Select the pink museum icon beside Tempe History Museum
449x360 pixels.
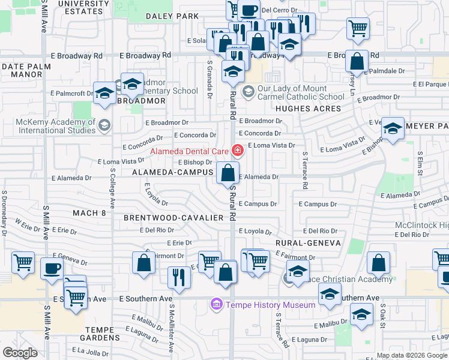click(217, 305)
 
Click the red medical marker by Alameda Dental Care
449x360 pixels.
click(238, 150)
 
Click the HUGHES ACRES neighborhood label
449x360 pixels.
click(308, 109)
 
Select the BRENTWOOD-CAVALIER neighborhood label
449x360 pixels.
click(173, 217)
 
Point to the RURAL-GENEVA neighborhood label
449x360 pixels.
click(308, 243)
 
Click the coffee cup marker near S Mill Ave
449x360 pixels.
click(52, 268)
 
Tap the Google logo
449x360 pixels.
click(20, 352)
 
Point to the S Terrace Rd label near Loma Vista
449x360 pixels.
click(304, 170)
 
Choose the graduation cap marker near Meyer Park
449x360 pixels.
click(393, 128)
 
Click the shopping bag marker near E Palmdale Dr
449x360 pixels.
click(357, 61)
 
